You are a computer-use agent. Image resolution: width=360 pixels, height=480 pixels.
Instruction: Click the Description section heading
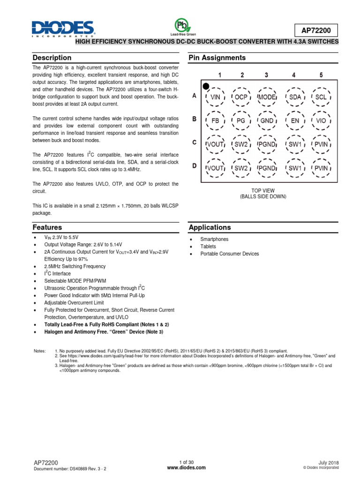click(52, 58)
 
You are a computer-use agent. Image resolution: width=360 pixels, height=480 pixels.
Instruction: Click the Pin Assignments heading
click(217, 58)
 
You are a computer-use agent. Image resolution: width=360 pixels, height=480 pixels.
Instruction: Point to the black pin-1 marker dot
click(205, 85)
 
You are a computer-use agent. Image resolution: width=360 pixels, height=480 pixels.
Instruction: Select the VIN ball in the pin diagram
click(215, 97)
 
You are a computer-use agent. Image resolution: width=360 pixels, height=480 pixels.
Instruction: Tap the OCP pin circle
click(241, 97)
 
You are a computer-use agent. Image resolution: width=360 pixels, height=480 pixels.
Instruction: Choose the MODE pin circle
click(267, 97)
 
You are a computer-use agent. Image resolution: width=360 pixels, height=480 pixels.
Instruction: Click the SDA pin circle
click(295, 97)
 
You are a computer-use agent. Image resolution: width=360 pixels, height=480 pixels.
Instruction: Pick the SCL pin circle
click(321, 97)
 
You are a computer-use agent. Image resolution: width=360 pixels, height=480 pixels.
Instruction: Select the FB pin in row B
click(215, 120)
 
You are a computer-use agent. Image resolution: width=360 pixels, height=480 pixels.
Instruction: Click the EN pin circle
click(295, 120)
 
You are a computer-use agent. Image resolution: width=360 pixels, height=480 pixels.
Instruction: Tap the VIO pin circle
click(321, 120)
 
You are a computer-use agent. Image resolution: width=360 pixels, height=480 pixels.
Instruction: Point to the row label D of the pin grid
click(194, 165)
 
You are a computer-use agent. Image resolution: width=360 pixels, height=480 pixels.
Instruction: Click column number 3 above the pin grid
click(266, 75)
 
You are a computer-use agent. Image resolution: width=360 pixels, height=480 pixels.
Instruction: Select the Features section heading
click(47, 227)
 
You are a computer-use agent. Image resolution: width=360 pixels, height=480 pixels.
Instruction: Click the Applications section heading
click(210, 227)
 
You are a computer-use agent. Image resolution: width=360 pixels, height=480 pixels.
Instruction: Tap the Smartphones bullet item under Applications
click(214, 239)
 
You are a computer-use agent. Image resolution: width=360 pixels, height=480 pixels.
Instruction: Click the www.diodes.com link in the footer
click(180, 468)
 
